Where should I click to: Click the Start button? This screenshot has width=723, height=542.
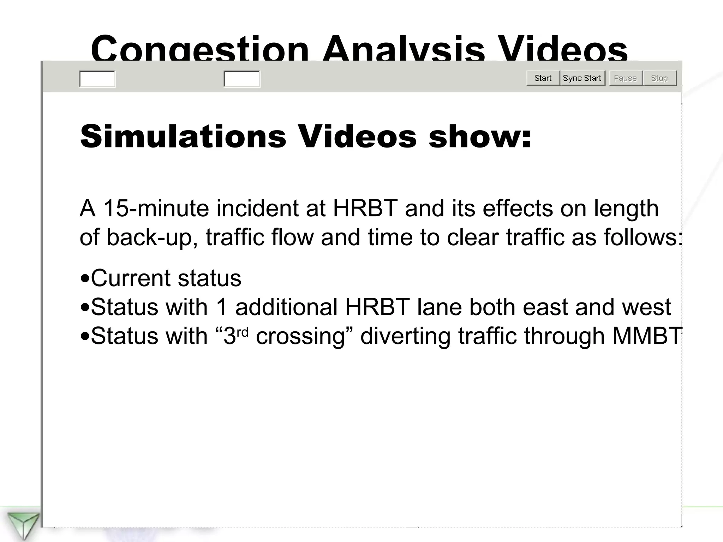(543, 78)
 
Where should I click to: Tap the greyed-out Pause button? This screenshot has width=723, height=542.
(625, 78)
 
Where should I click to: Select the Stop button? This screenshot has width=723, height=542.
(659, 78)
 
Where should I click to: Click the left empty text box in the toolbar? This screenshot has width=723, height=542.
(97, 79)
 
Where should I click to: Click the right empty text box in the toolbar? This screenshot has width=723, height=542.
(242, 79)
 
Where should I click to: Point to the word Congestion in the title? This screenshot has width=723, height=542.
(200, 49)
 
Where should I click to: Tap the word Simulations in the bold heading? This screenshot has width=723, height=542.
(183, 137)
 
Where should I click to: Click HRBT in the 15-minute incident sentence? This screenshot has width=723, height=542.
(365, 208)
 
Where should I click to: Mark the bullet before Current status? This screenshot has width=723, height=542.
(85, 278)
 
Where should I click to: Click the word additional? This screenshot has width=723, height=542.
(286, 307)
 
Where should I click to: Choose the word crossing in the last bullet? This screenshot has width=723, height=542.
(300, 336)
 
